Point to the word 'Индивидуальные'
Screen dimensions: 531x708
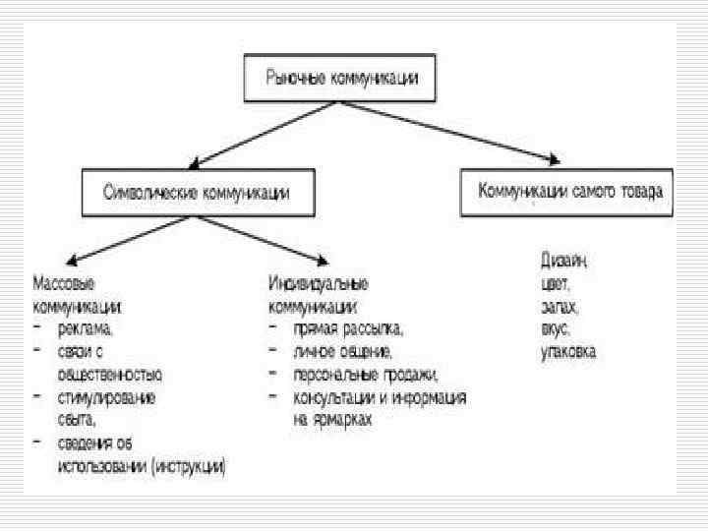pos(318,284)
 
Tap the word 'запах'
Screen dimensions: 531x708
pos(557,306)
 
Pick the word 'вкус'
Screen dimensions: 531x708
pos(554,328)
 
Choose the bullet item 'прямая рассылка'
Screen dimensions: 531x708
pos(346,328)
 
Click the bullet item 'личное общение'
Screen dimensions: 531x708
pos(342,351)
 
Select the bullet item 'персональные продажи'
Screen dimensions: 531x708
pos(363,375)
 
